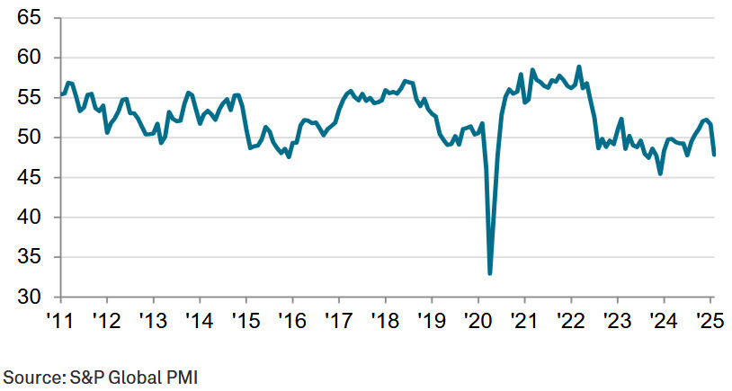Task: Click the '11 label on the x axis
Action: tap(59, 320)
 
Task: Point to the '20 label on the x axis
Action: tap(477, 320)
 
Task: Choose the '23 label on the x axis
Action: tap(616, 320)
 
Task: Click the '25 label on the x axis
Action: tap(708, 320)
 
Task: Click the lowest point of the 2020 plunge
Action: tap(490, 273)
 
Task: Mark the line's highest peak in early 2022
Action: tap(579, 67)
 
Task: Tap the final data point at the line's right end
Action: tap(714, 155)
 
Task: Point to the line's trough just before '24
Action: tap(661, 173)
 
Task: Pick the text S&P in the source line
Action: tap(84, 377)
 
